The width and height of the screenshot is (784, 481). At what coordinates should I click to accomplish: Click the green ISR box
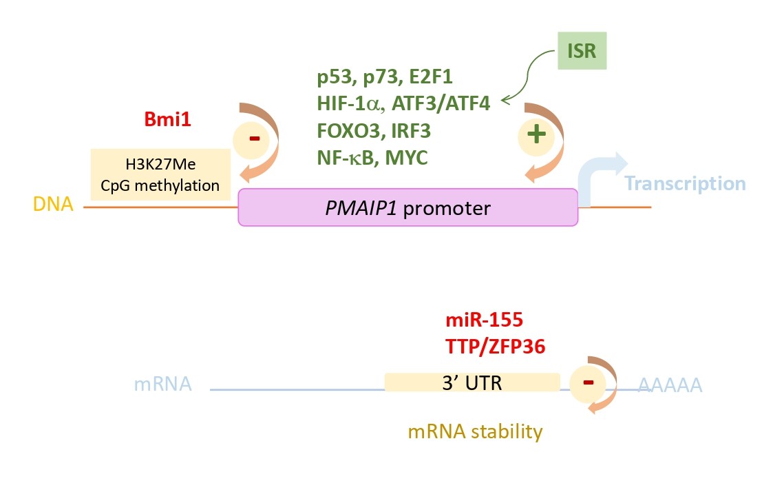pos(582,52)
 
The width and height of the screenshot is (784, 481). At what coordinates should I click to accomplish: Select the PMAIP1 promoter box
pos(407,207)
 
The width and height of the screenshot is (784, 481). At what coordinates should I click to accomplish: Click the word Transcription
pos(685,184)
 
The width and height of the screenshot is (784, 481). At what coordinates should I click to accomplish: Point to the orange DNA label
pos(53,205)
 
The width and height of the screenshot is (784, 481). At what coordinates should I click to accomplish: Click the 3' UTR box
pos(472,382)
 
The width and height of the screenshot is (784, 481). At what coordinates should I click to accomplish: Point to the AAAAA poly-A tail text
pos(670,385)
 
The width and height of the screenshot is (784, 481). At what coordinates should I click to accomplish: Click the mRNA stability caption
pos(475,432)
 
